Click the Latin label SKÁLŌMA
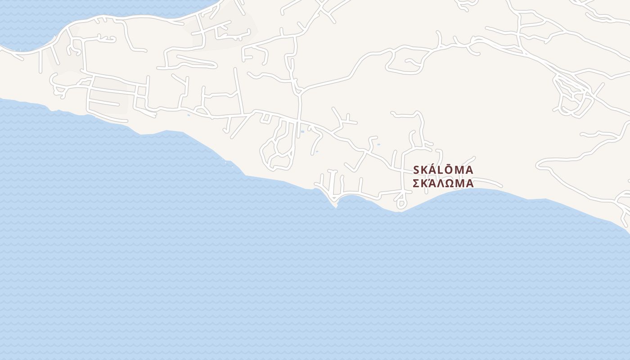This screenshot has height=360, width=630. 443,170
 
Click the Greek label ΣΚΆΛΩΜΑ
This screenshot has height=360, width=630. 443,184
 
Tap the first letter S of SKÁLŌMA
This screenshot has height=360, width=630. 416,170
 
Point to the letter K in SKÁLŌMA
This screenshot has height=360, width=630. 424,170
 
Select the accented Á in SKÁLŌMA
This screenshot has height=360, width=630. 433,170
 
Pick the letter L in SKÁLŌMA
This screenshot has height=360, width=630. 441,170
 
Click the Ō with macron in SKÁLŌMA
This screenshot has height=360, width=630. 448,170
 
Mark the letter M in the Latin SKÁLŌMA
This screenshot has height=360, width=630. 459,170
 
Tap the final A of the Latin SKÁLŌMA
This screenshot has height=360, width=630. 469,170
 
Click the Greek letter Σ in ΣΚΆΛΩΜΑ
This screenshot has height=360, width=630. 416,184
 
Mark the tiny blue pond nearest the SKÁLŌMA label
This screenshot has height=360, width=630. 378,144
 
